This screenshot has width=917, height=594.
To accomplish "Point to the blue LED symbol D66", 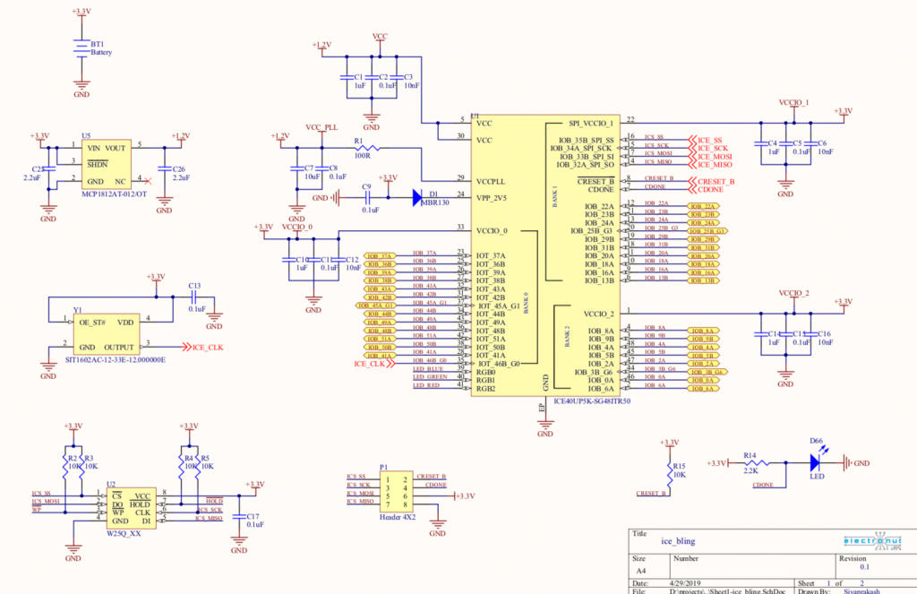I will (816, 463).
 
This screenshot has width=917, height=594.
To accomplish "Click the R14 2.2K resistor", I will (753, 463).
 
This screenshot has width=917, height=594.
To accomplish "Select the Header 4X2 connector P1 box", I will (395, 495).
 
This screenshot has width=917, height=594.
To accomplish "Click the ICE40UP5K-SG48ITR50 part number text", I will (592, 401).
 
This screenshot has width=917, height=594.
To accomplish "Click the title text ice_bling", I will (678, 541).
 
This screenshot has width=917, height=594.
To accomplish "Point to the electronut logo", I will (875, 541).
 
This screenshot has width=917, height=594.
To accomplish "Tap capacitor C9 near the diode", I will (367, 198).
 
